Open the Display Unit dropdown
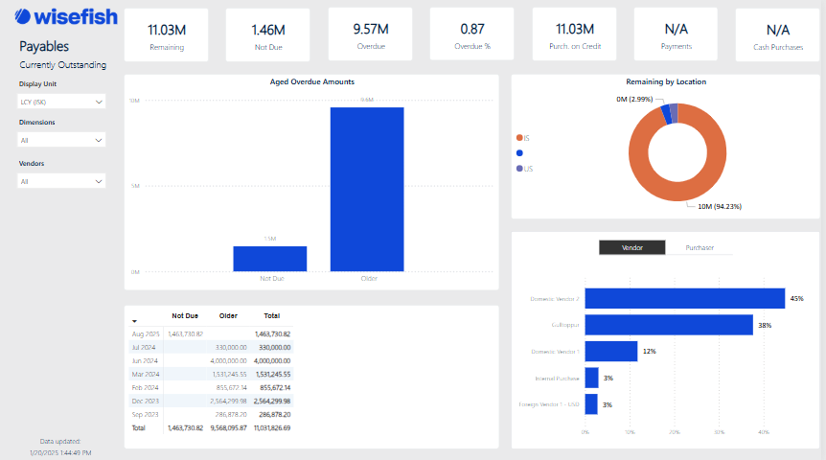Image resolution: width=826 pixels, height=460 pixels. (62, 102)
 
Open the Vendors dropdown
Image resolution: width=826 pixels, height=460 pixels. (62, 181)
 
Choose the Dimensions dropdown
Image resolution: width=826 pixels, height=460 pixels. (62, 140)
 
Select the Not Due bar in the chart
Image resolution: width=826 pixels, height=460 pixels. (270, 259)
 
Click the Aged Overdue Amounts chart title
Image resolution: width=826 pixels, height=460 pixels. (312, 82)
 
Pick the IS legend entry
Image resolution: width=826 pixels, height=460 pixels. (526, 138)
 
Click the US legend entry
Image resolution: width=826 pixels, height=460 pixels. (527, 169)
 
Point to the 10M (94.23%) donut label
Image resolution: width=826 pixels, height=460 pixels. (719, 206)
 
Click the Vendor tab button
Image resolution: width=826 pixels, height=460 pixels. (632, 247)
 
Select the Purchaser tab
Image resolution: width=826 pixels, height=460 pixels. (700, 247)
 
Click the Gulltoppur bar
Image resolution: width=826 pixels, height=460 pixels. (669, 325)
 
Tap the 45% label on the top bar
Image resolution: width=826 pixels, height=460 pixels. (796, 299)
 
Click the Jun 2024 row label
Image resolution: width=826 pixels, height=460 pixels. (144, 360)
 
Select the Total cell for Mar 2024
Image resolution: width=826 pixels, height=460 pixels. (274, 374)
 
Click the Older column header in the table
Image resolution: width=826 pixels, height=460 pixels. (228, 315)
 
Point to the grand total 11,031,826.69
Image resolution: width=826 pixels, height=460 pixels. (271, 427)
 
